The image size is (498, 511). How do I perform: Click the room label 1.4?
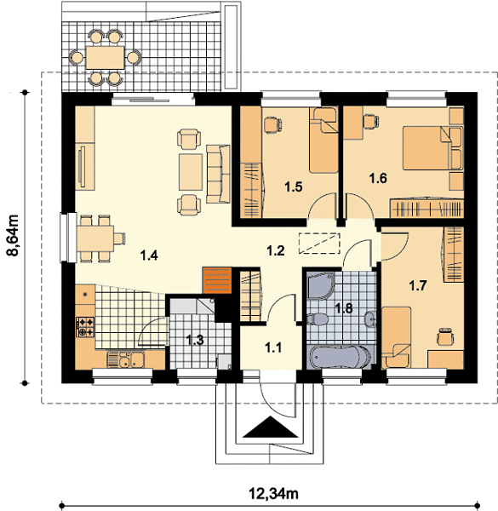point(149,255)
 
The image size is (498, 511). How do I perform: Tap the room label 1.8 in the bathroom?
point(344,308)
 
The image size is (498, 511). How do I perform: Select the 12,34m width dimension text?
point(273,493)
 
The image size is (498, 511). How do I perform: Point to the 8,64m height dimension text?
point(14,235)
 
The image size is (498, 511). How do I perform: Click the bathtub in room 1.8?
point(340,357)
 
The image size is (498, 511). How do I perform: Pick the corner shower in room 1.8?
point(321,286)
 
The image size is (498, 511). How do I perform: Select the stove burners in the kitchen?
point(85,327)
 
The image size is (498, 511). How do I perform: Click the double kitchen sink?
point(126,359)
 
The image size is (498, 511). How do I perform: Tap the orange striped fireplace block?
point(217,280)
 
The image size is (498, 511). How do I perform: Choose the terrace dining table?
point(106,58)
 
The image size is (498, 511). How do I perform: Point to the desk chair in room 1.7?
point(445,336)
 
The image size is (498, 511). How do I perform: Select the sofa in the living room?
point(218,175)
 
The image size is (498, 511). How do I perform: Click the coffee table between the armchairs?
point(191,172)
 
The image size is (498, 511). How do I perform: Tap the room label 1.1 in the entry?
point(273,347)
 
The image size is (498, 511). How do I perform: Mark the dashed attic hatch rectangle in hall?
point(319,244)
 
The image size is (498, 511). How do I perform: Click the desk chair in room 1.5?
point(272,125)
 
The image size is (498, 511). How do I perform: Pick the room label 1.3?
point(195,340)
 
